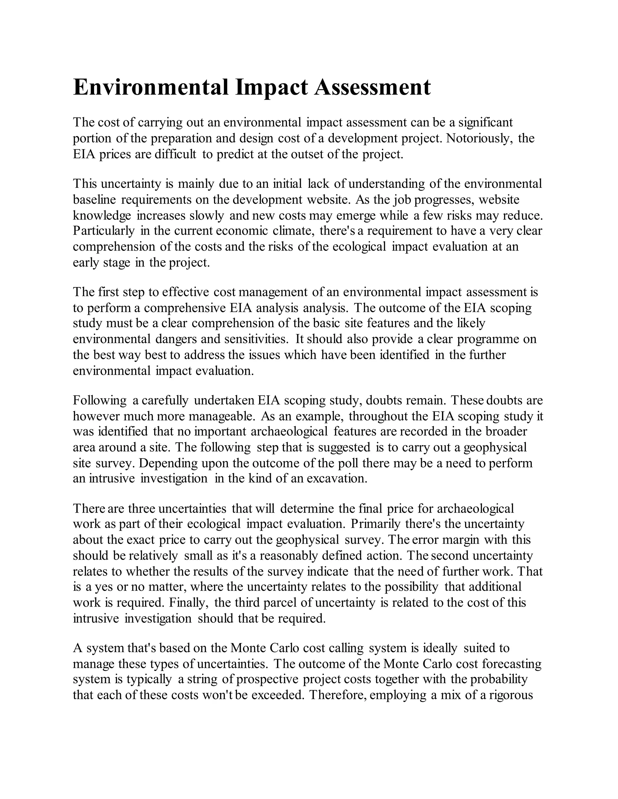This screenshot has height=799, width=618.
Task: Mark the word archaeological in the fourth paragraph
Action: (289, 432)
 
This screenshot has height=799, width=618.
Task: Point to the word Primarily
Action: (375, 524)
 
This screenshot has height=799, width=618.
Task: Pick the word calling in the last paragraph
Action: (346, 648)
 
